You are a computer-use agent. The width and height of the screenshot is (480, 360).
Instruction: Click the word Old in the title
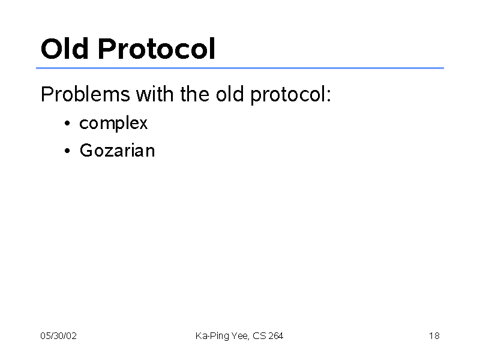[x=65, y=49]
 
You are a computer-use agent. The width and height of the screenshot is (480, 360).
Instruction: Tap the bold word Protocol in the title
[x=157, y=49]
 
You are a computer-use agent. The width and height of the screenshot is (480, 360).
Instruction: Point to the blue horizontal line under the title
[x=240, y=68]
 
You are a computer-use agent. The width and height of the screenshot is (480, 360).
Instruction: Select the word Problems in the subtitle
[x=85, y=94]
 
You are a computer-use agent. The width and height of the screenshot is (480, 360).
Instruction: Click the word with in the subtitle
[x=155, y=94]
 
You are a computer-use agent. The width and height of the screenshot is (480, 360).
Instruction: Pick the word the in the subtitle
[x=194, y=94]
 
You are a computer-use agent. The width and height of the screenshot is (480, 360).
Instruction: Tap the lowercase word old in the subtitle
[x=230, y=94]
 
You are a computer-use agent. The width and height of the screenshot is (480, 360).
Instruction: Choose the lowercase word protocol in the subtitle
[x=287, y=95]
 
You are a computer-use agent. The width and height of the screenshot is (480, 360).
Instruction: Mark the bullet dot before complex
[x=67, y=124]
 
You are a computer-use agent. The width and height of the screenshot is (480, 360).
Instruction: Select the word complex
[x=113, y=124]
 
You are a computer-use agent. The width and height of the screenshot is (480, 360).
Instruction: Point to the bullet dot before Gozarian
[x=67, y=151]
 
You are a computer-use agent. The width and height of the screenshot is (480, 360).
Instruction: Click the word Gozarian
[x=117, y=151]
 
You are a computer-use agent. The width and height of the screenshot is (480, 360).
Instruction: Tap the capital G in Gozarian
[x=86, y=151]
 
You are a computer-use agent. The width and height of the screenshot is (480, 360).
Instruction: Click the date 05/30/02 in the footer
[x=58, y=336]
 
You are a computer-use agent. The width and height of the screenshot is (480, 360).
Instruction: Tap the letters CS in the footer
[x=260, y=336]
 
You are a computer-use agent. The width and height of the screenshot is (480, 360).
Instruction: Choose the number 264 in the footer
[x=276, y=336]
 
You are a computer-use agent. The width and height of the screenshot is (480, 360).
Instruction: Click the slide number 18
[x=434, y=336]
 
